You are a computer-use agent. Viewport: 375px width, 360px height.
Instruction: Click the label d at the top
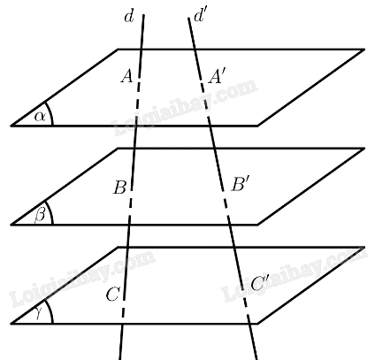point(129,17)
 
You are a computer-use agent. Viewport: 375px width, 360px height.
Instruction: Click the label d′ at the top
point(199,16)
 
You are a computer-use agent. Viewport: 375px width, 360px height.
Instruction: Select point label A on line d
point(127,77)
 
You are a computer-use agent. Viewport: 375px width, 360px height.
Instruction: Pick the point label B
point(120,188)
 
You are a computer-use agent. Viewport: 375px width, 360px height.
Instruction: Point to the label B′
point(239,185)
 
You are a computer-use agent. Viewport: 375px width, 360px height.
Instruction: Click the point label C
point(112,295)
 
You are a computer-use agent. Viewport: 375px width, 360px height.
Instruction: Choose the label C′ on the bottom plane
point(259,283)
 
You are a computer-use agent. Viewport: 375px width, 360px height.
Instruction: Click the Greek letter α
point(40,117)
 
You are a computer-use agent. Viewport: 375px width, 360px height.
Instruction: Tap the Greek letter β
point(40,215)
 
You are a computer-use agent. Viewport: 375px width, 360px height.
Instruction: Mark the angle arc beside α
point(50,113)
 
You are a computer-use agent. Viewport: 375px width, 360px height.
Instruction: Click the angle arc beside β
point(50,212)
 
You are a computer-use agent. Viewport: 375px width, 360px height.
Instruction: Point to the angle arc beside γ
point(50,311)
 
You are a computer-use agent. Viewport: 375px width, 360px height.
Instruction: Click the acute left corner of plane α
point(11,126)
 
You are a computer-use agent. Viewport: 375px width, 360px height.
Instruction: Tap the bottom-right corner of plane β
point(257,225)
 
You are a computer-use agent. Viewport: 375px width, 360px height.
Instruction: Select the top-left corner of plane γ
point(118,248)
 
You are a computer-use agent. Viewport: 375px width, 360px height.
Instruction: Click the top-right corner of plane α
point(364,50)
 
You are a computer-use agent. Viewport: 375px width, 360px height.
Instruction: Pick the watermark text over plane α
point(186,107)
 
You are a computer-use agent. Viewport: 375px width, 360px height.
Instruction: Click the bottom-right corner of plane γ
point(257,324)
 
